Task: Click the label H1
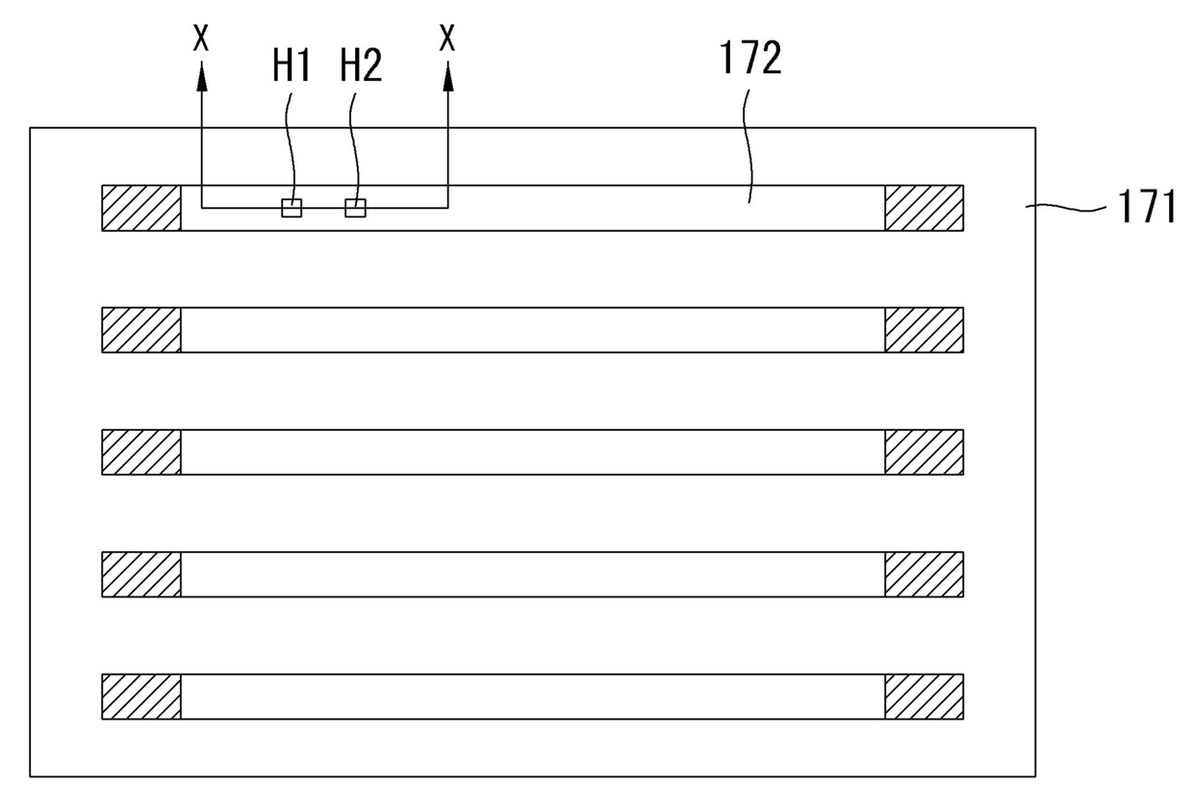click(x=291, y=66)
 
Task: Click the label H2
click(x=361, y=66)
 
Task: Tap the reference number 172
click(x=750, y=60)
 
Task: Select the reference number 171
click(x=1147, y=206)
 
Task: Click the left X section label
click(x=201, y=39)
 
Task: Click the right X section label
click(x=447, y=39)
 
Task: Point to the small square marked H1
click(x=292, y=208)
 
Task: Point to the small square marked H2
click(x=355, y=208)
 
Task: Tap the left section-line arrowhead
click(x=201, y=77)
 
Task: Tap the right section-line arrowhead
click(x=447, y=77)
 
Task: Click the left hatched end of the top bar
click(x=141, y=208)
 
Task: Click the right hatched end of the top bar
click(x=924, y=208)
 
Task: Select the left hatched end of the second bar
click(x=141, y=330)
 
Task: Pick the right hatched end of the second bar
click(x=924, y=330)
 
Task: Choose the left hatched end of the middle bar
click(x=141, y=452)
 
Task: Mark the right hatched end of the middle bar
click(x=924, y=452)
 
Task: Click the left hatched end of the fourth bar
click(x=141, y=574)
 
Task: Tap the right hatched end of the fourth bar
click(x=924, y=574)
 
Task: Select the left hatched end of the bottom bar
click(x=141, y=697)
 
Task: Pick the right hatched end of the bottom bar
click(x=924, y=697)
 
